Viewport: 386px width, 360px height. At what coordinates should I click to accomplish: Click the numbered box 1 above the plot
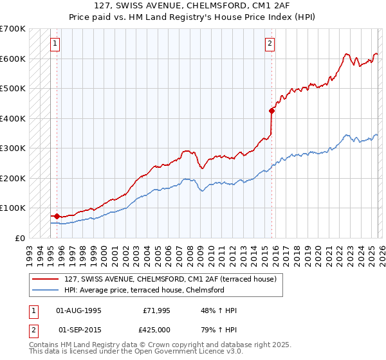[x=55, y=44]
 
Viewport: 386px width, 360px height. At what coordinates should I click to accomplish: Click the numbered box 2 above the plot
[x=270, y=44]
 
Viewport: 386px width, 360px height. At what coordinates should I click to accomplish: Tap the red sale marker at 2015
[x=271, y=111]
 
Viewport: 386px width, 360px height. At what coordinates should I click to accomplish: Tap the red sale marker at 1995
[x=57, y=216]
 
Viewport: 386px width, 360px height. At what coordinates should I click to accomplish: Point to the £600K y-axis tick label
[x=12, y=59]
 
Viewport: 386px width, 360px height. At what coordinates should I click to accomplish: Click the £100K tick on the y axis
[x=12, y=208]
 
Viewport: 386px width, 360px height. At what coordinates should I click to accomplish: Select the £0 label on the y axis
[x=19, y=238]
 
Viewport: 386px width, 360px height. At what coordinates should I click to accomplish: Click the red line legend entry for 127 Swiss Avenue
[x=170, y=279]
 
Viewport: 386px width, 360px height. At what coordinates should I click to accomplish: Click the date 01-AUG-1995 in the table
[x=79, y=310]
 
